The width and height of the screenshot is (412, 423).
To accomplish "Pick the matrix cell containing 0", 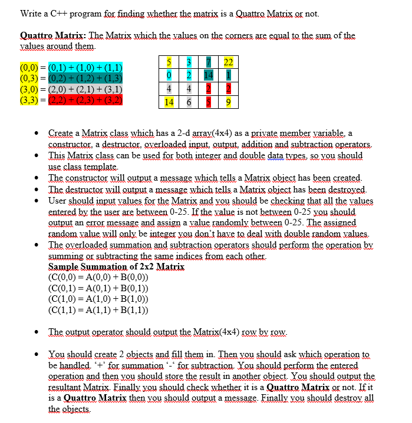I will click(169, 75).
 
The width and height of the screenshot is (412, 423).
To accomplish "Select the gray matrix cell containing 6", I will click(188, 101).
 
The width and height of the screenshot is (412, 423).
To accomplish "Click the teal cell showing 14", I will click(208, 75).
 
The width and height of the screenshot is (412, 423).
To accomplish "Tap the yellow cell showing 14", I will click(169, 101).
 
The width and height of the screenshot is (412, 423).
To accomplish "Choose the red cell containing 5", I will click(208, 101).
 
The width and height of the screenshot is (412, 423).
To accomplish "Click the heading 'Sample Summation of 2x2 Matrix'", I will click(116, 267).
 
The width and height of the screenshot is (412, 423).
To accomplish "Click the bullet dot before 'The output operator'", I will click(37, 332).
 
